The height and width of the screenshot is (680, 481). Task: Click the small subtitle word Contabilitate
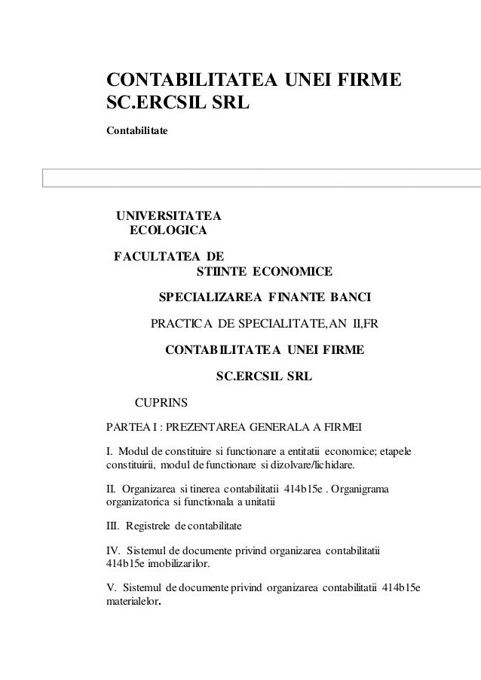[137, 131]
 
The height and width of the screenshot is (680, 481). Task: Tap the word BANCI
[348, 297]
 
